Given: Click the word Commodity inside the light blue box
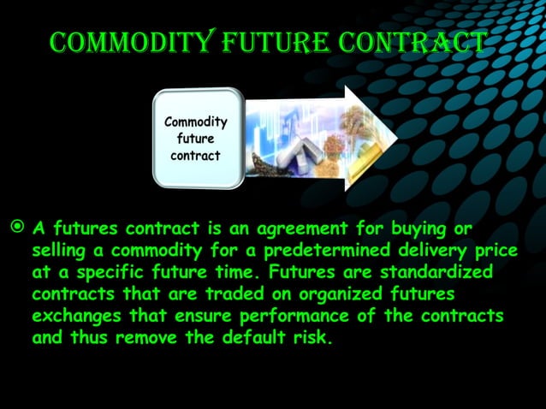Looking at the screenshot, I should pos(195,122).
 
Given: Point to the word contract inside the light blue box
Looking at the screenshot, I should pos(195,156).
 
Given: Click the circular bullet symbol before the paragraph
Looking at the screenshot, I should pos(17,229).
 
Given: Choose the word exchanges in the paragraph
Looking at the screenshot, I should pos(70,316).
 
